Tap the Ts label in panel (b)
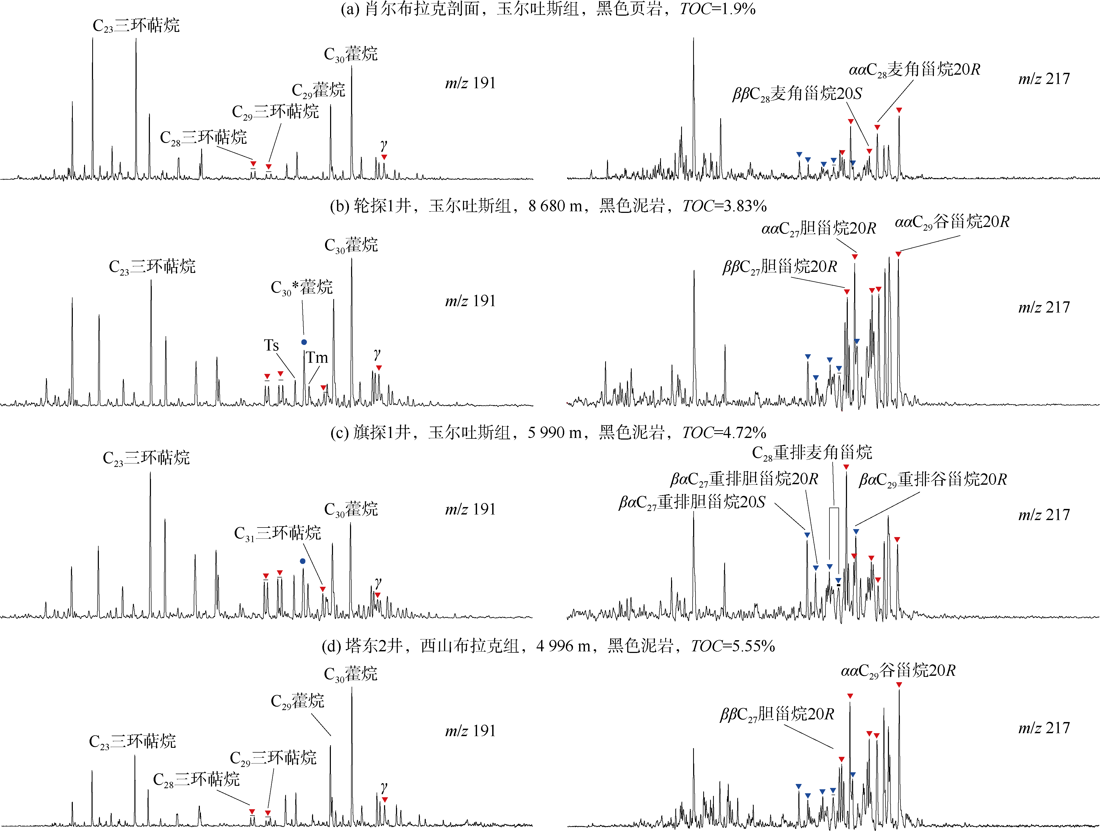271,345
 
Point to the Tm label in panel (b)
317,357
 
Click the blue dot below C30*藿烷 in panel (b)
304,342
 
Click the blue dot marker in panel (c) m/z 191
302,561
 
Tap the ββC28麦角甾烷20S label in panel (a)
797,94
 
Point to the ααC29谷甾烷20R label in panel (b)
952,222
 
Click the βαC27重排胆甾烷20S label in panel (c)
692,502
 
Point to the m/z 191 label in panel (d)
470,731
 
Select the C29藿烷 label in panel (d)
297,701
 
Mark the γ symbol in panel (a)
383,145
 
